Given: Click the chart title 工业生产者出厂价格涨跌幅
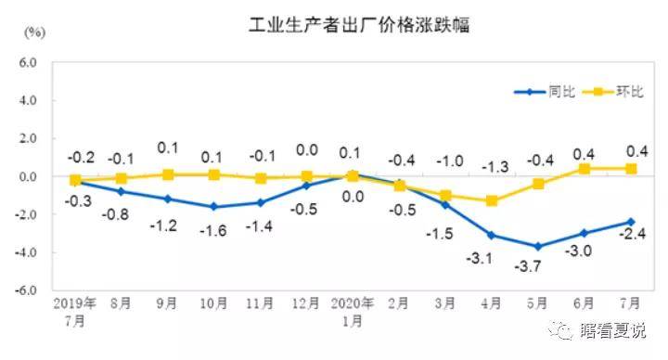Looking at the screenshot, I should pos(358,25).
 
